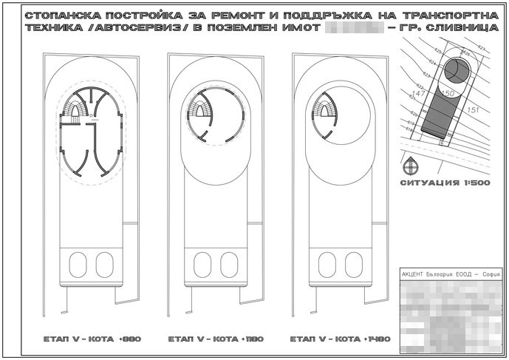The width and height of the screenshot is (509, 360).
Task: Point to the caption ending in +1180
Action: (x=216, y=341)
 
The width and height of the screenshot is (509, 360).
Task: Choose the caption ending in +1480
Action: (x=339, y=341)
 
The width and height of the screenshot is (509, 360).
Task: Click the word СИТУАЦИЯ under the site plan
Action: (x=428, y=183)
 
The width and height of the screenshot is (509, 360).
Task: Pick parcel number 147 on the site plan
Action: (x=417, y=95)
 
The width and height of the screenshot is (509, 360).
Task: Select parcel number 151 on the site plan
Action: (x=474, y=110)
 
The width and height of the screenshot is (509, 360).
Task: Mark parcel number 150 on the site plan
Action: (x=446, y=92)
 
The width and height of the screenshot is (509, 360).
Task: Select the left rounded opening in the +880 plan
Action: (x=76, y=262)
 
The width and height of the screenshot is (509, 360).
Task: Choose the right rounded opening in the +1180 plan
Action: (x=228, y=262)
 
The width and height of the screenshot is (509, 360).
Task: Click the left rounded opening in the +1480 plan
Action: (x=324, y=262)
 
